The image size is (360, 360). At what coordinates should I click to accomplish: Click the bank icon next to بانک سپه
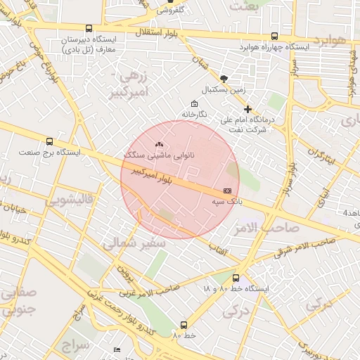point(226,191)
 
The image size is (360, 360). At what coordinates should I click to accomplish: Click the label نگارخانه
point(194,114)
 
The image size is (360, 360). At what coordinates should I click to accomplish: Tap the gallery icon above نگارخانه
point(195,104)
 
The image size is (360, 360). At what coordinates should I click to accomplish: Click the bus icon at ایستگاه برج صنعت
point(49,141)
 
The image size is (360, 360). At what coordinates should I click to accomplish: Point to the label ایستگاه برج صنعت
point(49,152)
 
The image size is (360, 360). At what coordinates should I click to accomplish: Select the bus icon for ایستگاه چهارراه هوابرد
point(274,36)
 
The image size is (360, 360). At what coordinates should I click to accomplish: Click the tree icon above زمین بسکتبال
point(224,79)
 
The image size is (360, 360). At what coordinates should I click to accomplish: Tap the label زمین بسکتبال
point(223,90)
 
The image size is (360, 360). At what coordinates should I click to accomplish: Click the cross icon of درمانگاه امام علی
point(247,109)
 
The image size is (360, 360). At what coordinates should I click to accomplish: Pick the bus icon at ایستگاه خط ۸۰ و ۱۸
point(236,278)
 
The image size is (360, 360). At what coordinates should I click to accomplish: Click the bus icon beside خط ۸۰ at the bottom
point(184,325)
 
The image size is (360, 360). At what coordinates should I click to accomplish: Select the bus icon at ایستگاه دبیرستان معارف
point(89,29)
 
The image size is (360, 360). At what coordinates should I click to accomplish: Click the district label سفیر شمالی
point(134,243)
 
